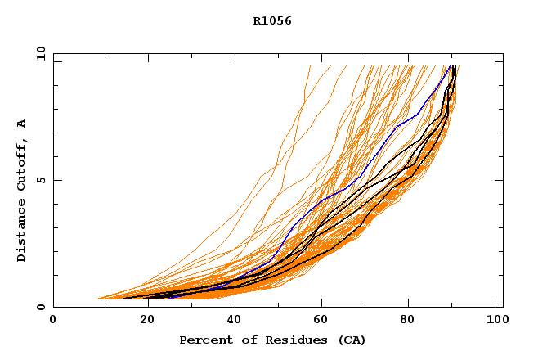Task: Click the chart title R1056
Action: coord(272,21)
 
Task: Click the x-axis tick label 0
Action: coord(53,321)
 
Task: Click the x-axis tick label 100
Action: coord(496,321)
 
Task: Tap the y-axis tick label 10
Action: coord(40,54)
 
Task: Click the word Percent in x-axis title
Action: coord(204,340)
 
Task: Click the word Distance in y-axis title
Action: coord(22,231)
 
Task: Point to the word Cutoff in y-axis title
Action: coord(22,169)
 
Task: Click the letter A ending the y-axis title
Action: coord(22,124)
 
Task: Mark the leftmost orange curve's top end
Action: coord(310,66)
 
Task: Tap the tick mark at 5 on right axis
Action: coord(499,180)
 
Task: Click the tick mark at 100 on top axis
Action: coord(496,56)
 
